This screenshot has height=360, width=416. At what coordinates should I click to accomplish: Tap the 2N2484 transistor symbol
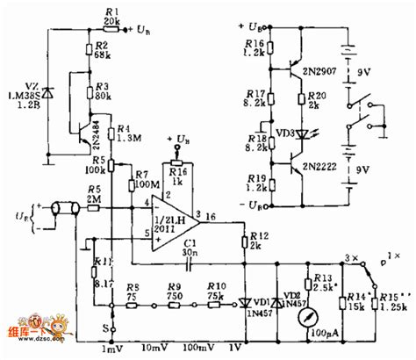point(85,133)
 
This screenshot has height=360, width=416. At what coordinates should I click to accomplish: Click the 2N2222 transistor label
point(327,163)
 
